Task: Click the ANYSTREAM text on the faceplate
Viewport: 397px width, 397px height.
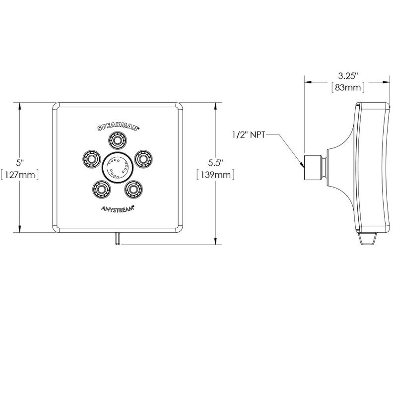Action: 118,208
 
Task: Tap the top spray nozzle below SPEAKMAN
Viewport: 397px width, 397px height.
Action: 118,140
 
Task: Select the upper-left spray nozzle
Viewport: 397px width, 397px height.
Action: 91,159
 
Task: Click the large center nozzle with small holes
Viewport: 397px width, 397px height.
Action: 118,167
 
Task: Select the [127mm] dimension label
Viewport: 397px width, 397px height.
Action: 19,175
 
